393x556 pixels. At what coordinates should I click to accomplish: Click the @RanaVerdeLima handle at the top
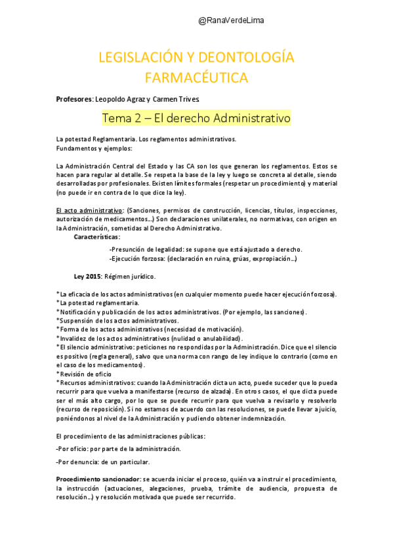(x=231, y=21)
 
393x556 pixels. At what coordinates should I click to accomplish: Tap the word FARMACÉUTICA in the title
(x=196, y=77)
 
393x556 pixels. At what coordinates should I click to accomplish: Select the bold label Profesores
(x=74, y=99)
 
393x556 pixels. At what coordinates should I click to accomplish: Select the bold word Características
(x=96, y=237)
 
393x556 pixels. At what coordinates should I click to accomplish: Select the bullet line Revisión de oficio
(x=85, y=373)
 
